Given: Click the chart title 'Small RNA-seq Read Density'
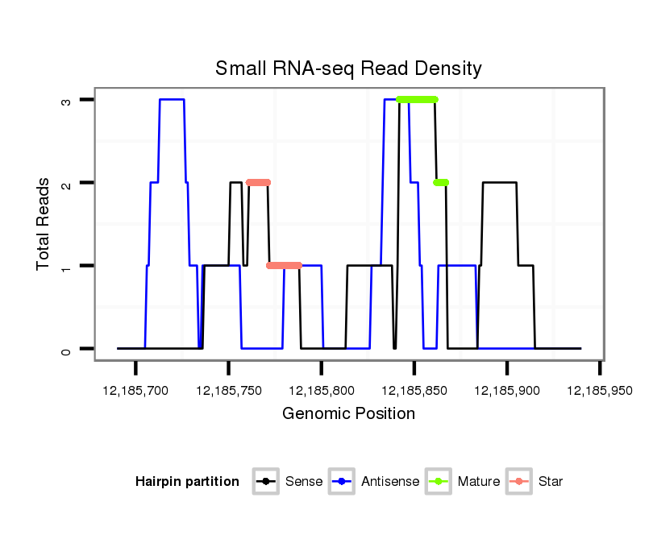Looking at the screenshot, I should click(348, 68).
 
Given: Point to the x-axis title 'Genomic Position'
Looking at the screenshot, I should click(348, 414).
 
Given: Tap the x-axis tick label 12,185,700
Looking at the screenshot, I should click(135, 391).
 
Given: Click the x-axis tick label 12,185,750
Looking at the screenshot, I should click(228, 391).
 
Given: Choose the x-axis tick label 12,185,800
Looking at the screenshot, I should click(321, 391).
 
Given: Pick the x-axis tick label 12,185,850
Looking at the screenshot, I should click(414, 391).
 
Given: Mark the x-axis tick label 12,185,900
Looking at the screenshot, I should click(506, 391).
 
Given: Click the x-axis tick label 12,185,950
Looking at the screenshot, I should click(599, 391).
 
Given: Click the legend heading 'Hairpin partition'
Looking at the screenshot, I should click(187, 482).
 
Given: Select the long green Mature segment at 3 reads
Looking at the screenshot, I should click(417, 99).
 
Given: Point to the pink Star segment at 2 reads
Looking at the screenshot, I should click(258, 182).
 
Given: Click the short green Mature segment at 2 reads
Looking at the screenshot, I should click(441, 182).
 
